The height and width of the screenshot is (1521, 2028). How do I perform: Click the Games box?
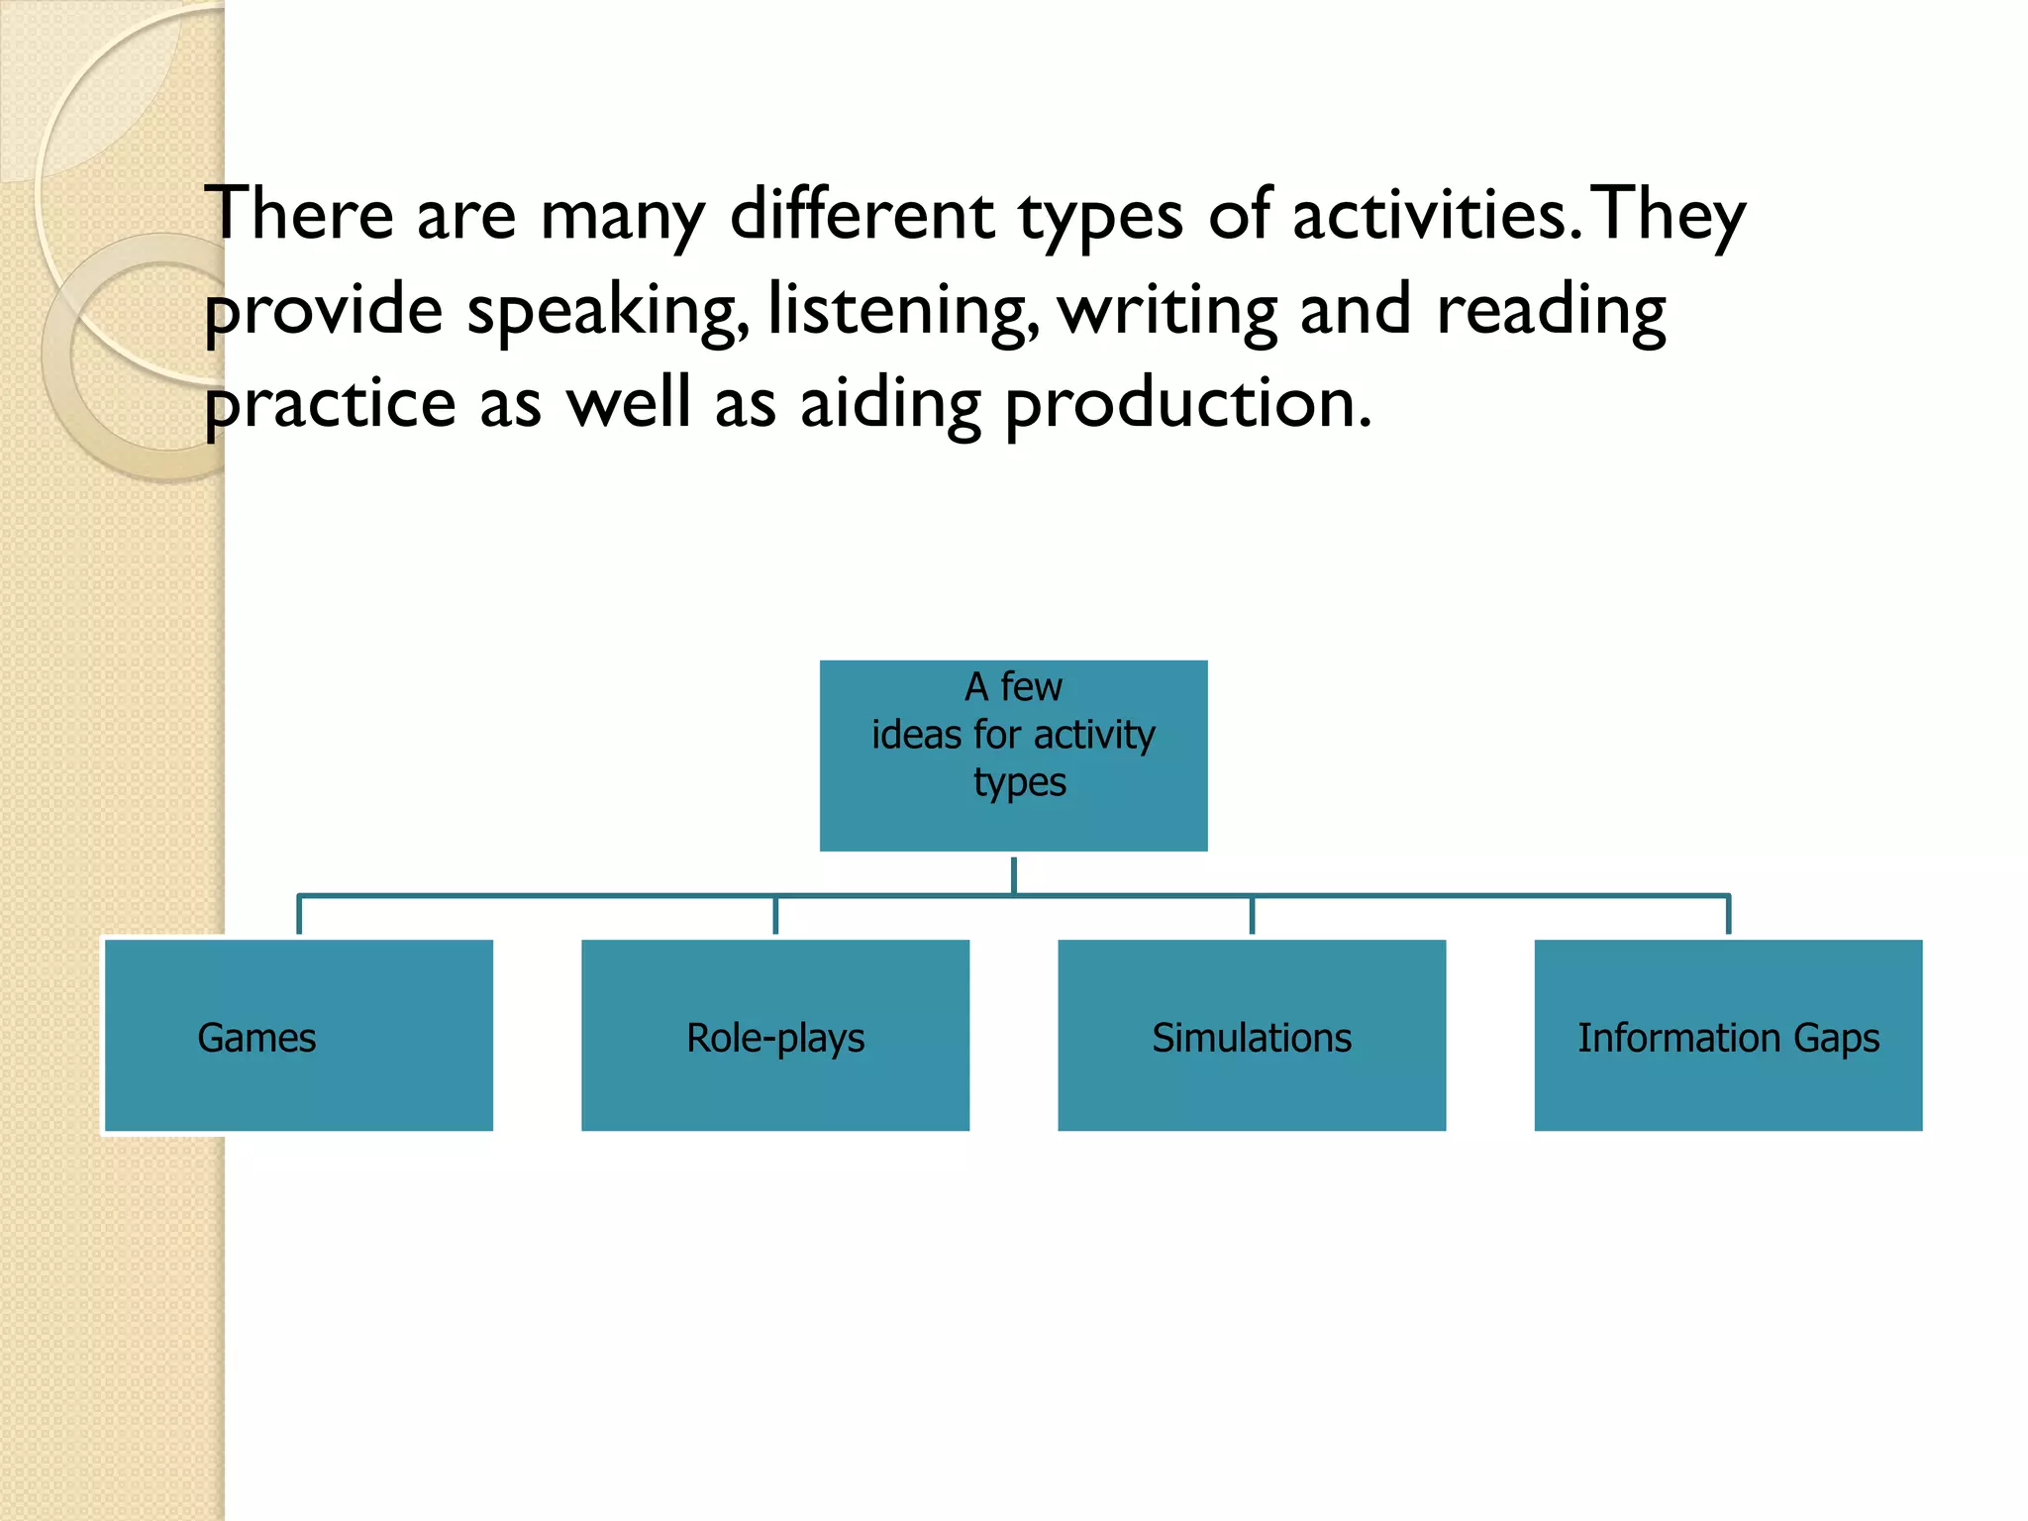tap(298, 1035)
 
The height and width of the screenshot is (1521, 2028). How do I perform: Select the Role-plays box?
tap(775, 1035)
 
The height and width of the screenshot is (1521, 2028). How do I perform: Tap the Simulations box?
tap(1252, 1035)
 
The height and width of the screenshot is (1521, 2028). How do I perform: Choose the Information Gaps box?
tap(1728, 1035)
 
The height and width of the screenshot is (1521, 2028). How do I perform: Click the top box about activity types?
tap(1013, 756)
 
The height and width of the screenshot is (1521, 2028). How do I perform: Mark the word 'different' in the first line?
tap(862, 214)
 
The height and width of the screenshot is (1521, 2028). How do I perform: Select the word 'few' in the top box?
tap(1031, 686)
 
